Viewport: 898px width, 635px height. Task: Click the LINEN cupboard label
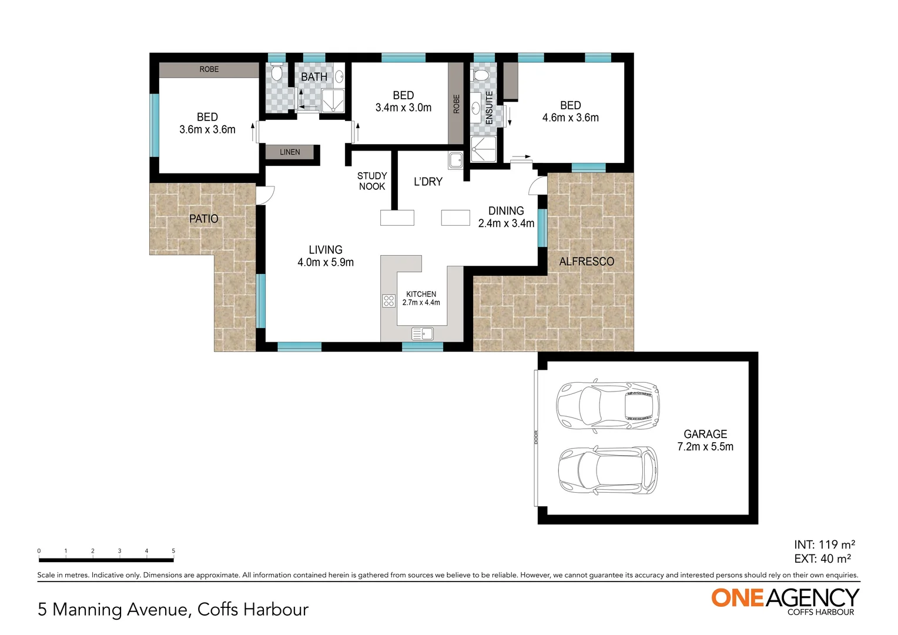click(290, 152)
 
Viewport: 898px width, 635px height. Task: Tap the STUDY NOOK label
click(372, 181)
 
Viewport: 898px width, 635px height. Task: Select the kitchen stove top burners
click(388, 301)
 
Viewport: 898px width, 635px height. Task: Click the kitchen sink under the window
click(422, 334)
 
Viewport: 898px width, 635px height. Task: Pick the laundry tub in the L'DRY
click(455, 160)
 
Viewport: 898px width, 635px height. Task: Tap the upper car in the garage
click(608, 406)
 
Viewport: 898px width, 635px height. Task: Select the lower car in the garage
click(608, 471)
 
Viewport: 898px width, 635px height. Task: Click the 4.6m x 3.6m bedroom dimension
click(570, 118)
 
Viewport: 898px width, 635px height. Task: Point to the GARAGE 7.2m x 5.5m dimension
click(705, 447)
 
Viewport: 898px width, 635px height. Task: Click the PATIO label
click(203, 219)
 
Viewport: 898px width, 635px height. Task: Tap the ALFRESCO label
click(587, 262)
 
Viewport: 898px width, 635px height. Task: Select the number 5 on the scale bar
click(173, 551)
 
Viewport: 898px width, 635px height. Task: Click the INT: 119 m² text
click(824, 544)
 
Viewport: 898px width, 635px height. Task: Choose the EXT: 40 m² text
click(822, 559)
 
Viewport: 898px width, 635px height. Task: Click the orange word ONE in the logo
click(738, 598)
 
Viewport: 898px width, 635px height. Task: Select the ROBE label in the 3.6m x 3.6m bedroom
click(209, 69)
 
